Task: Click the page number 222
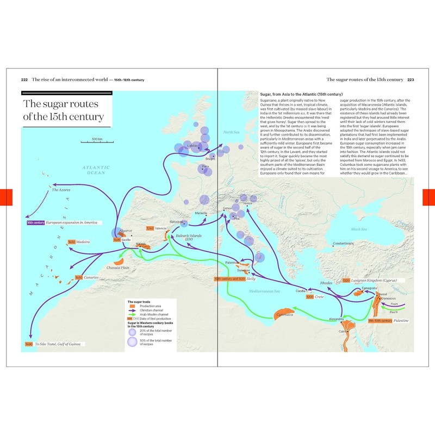(x=24, y=80)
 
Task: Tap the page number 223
(x=411, y=80)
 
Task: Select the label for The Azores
(x=61, y=190)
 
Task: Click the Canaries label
(x=91, y=278)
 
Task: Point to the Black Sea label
(x=360, y=229)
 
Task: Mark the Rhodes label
(x=326, y=283)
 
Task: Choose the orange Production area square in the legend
(x=132, y=306)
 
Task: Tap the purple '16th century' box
(x=35, y=223)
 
